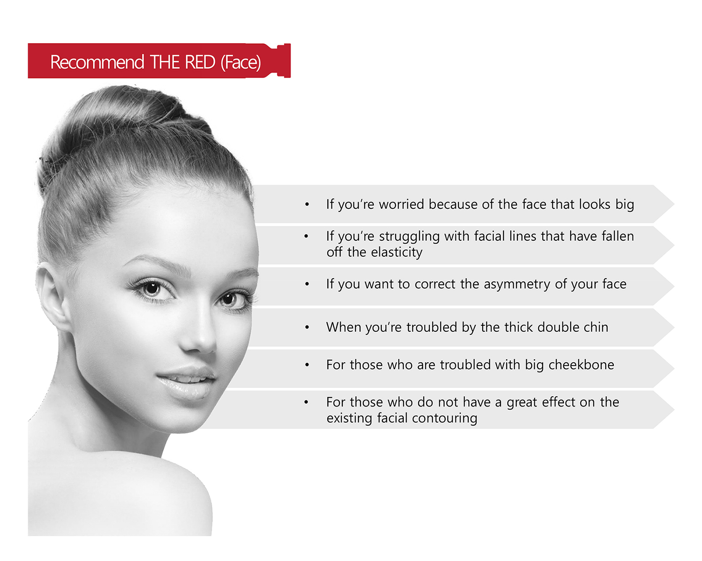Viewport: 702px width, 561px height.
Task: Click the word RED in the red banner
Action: click(200, 62)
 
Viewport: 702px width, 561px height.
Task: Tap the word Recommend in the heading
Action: click(97, 62)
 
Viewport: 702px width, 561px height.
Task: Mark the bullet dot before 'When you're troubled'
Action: click(307, 327)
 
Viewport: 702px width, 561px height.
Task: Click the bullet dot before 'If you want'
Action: click(307, 284)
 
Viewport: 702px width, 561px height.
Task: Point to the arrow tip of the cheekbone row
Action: click(674, 368)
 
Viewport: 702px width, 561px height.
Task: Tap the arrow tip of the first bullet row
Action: click(674, 204)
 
